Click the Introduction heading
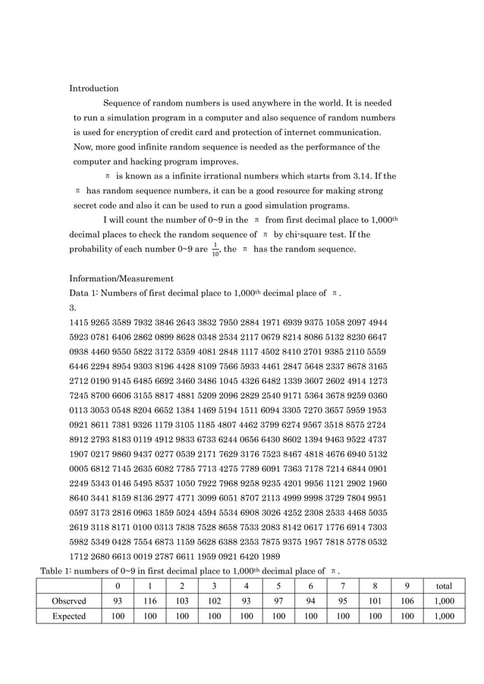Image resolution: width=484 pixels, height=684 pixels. (x=94, y=89)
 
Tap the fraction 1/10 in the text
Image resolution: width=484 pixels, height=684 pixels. (x=215, y=251)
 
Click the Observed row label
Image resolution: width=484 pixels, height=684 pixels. (x=68, y=601)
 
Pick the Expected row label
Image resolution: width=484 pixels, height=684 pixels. (x=68, y=617)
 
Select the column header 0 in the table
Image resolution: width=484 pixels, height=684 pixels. (x=118, y=585)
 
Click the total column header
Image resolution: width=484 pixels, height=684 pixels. (x=445, y=585)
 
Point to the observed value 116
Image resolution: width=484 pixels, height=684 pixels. (x=150, y=601)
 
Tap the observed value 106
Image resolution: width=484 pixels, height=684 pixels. (x=407, y=601)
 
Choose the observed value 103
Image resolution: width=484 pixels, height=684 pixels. (x=182, y=601)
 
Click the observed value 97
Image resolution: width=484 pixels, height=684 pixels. (x=278, y=601)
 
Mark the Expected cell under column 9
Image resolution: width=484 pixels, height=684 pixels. (x=407, y=617)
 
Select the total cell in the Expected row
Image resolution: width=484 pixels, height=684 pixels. (x=445, y=617)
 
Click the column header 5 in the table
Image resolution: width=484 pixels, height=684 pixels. (x=278, y=585)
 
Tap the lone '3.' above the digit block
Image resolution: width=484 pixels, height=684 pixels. (x=73, y=308)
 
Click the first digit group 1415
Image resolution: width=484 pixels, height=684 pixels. (x=80, y=322)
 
